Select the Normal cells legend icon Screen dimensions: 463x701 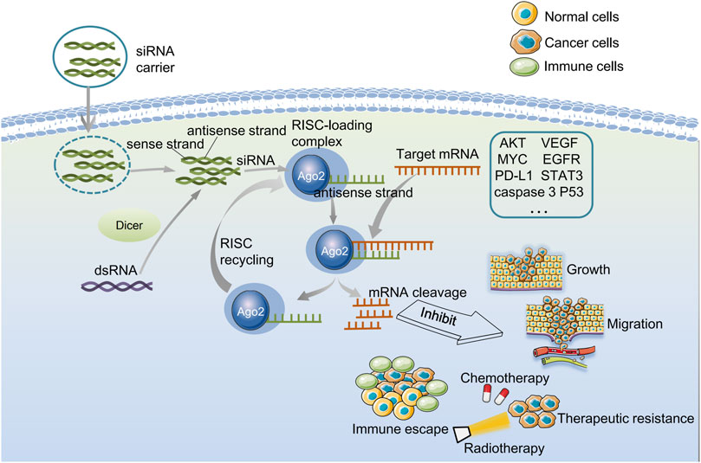coord(503,16)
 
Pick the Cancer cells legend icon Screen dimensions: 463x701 coord(503,42)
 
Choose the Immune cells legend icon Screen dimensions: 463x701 coord(503,68)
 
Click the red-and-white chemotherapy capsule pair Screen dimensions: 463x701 coord(491,395)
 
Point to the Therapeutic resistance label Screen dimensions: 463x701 coord(627,418)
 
